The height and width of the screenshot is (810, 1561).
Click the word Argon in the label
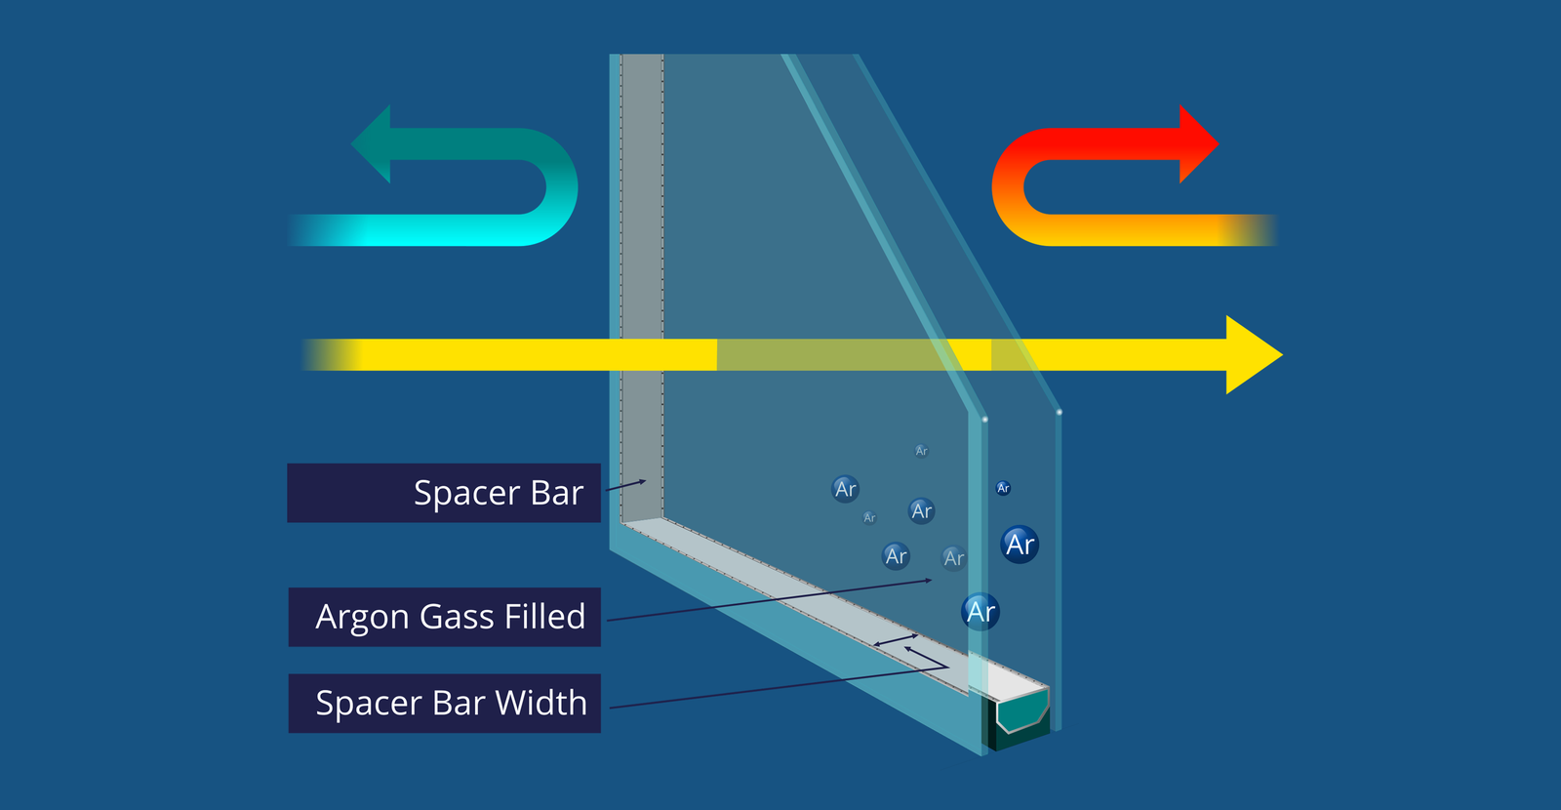coord(363,618)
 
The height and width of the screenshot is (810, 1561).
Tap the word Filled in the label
coord(545,617)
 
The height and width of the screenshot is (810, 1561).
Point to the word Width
coord(540,703)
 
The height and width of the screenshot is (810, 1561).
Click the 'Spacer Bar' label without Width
coord(498,493)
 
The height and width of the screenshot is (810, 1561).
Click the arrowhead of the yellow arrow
coord(1253,354)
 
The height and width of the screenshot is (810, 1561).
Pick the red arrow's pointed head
coord(1198,143)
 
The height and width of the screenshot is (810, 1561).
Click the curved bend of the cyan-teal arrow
coord(556,187)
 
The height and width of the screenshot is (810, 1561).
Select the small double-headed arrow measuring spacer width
coord(896,640)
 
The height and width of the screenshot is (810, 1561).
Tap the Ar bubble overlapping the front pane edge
coord(981,612)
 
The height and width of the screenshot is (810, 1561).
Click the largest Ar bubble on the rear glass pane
coord(1020,544)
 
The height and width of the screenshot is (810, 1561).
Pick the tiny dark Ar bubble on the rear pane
coord(1003,488)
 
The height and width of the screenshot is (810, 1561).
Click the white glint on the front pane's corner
coord(984,420)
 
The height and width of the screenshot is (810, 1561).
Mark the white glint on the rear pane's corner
coord(1060,413)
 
